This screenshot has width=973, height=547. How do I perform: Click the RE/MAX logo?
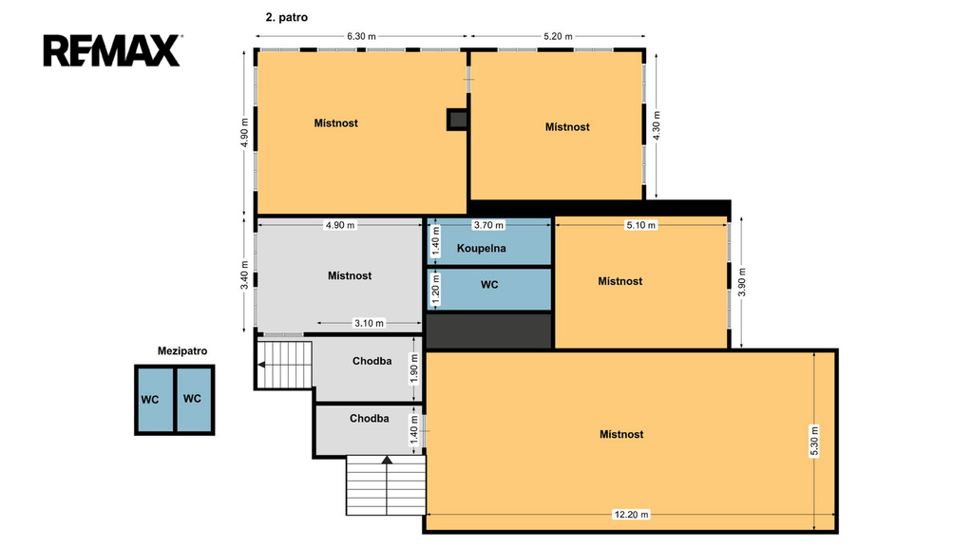(x=113, y=50)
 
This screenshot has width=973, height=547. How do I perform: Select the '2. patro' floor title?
(x=287, y=17)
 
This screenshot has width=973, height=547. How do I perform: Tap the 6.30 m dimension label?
(x=361, y=36)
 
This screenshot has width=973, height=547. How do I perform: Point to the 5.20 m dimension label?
(x=558, y=36)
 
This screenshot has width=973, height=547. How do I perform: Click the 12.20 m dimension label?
(x=631, y=514)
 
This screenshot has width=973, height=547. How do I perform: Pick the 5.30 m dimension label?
(x=814, y=441)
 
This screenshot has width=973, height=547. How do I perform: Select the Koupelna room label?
(x=482, y=248)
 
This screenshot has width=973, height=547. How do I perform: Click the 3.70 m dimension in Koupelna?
(x=488, y=225)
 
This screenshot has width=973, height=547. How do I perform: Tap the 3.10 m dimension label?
(x=369, y=323)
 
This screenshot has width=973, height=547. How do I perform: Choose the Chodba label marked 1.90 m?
(x=372, y=361)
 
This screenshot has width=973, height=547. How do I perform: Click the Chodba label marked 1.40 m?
(x=370, y=419)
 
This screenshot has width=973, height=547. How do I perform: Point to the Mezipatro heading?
(x=182, y=351)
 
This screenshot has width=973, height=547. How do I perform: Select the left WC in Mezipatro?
(x=149, y=400)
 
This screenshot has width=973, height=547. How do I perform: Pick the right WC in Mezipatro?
(x=192, y=399)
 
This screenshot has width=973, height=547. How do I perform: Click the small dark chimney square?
(x=457, y=120)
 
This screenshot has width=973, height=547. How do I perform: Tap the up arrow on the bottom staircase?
(x=387, y=460)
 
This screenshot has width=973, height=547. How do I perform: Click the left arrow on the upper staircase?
(x=261, y=365)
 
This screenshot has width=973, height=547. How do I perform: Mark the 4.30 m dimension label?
(x=657, y=126)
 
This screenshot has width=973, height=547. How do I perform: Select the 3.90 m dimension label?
(x=741, y=282)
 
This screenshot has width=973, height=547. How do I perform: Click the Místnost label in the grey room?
(x=350, y=276)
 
